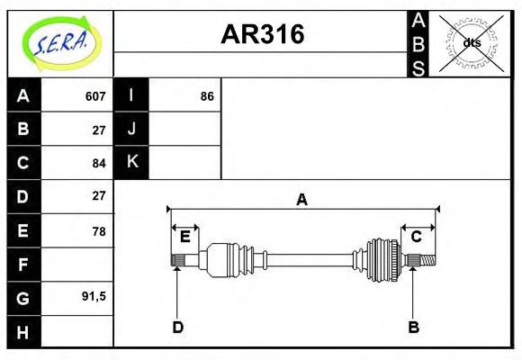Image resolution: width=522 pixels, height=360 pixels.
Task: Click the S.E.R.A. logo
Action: [60, 42]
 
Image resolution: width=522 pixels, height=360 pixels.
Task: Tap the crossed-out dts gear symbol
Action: [472, 42]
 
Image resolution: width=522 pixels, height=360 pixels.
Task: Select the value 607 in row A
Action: [95, 96]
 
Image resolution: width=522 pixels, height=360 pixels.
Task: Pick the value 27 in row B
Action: [99, 130]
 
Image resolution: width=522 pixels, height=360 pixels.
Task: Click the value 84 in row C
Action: [99, 163]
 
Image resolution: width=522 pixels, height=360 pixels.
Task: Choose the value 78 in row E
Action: [99, 231]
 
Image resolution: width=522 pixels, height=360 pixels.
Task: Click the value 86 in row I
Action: [207, 96]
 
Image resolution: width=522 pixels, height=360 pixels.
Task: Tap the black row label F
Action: [23, 265]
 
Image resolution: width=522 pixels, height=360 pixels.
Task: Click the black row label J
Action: [131, 129]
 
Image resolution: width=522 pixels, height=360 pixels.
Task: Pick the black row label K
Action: [131, 162]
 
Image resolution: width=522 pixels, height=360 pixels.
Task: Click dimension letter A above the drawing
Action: [302, 200]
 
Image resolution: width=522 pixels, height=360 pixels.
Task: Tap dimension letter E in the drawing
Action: [184, 237]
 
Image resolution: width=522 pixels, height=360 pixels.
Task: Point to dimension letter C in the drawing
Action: [417, 237]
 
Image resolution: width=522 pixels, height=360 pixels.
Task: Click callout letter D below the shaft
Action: [177, 328]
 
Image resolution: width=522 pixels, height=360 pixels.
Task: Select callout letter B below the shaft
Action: [413, 328]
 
